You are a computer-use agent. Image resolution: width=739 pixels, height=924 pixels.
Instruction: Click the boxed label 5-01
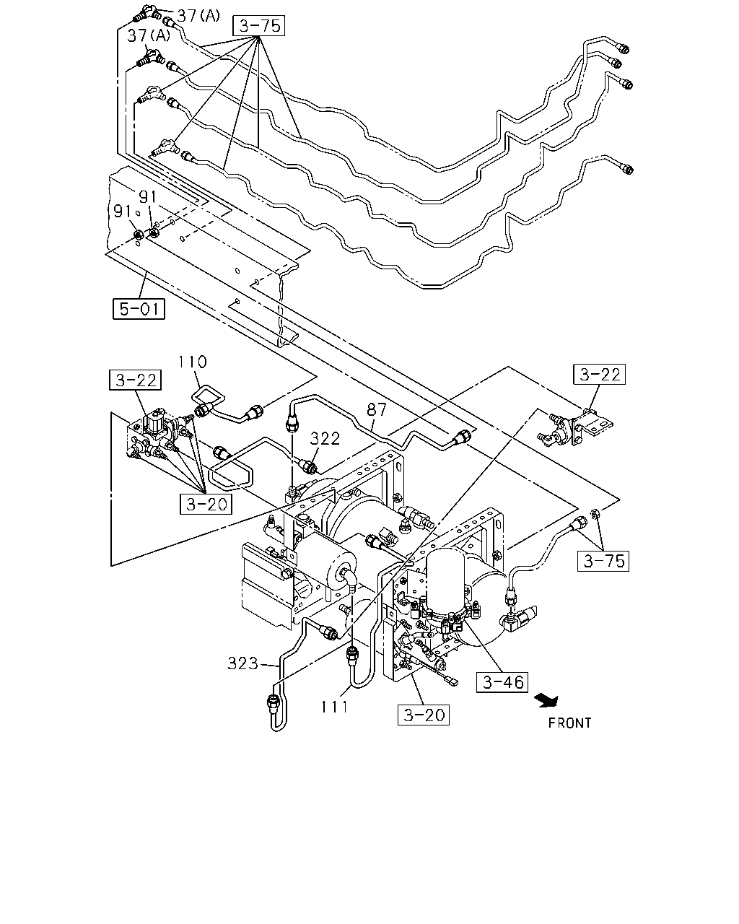pos(139,309)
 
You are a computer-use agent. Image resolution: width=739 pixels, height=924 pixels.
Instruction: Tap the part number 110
pos(193,362)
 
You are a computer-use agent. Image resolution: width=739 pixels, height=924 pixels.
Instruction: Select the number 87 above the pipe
pos(377,409)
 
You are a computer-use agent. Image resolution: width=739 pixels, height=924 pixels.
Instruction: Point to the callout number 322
pos(325,438)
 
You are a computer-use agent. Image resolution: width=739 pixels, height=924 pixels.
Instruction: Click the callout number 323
pos(243,663)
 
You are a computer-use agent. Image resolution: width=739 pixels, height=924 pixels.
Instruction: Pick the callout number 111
pos(335,706)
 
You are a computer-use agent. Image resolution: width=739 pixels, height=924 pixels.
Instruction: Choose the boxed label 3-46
pos(502,682)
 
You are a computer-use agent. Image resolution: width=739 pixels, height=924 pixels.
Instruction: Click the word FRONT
pos(570,723)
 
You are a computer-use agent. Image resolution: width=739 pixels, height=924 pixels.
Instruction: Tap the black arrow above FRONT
pos(546,701)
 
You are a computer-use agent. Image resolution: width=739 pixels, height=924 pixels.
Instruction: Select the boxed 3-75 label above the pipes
pos(259,26)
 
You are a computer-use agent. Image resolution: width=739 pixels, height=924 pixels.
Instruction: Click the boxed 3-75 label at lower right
pos(603,561)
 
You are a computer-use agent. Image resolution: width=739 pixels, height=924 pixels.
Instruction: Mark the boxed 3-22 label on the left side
pos(135,380)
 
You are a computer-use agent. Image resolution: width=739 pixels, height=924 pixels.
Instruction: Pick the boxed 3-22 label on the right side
pos(600,375)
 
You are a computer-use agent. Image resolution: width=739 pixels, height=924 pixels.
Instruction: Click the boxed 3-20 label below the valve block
pos(206,504)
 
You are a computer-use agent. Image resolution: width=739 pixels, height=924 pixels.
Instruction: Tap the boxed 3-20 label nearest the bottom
pos(424,715)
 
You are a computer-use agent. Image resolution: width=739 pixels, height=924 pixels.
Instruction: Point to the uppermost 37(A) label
pos(198,16)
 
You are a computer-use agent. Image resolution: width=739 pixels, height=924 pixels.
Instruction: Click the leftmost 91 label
pos(123,212)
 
